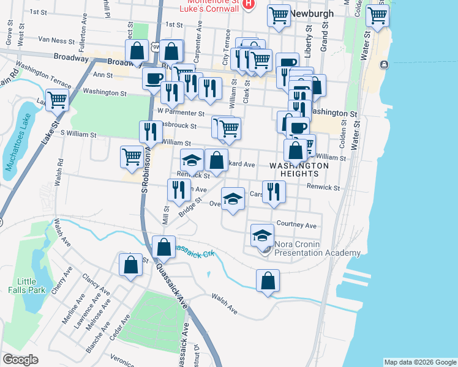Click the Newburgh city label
click(313, 13)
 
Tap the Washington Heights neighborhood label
click(300, 169)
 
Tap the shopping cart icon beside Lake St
click(58, 99)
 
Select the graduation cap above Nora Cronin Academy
click(261, 234)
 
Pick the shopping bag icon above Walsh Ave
click(268, 281)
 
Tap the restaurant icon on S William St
click(150, 131)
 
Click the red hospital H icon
click(248, 4)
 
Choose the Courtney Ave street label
click(296, 224)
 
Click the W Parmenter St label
click(181, 113)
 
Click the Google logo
click(20, 360)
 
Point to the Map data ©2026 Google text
click(419, 362)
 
